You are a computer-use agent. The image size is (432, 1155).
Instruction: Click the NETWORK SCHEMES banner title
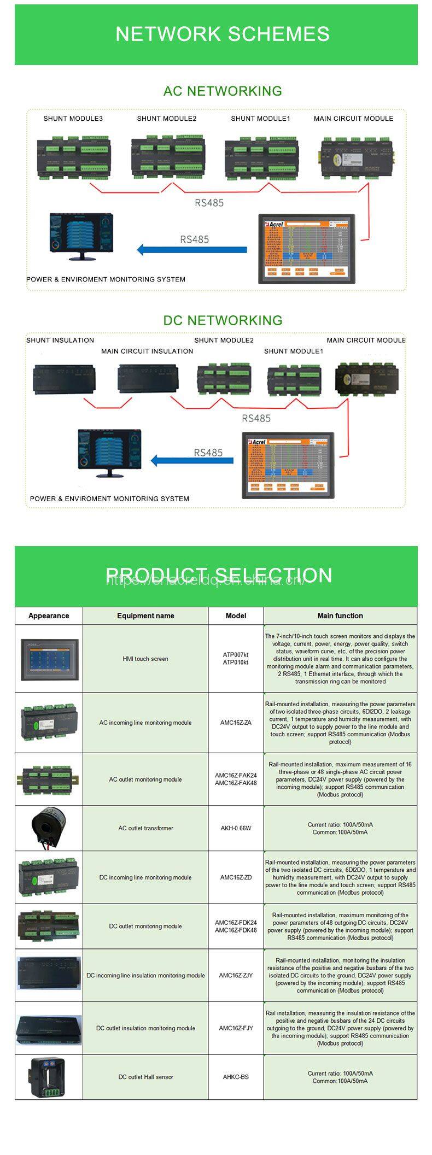pos(222,34)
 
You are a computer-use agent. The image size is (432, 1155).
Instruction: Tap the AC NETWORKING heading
pos(223,91)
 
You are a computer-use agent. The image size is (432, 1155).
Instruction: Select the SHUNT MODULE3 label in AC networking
pos(73,119)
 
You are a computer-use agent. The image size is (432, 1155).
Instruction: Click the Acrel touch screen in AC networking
pos(307,249)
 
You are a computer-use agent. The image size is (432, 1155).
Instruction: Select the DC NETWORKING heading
pos(223,320)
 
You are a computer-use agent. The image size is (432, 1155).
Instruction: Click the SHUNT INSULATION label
pos(60,340)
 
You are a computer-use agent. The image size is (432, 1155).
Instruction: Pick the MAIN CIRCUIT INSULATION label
pos(147,351)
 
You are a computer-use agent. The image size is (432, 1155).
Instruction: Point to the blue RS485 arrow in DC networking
pos(192,460)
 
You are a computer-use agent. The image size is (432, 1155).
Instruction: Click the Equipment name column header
pos(145,615)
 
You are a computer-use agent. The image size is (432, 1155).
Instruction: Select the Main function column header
pos(340,615)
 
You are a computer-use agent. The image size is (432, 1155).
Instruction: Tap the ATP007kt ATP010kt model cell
pos(235,659)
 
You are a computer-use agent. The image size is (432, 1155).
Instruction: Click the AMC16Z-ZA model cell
pos(236,723)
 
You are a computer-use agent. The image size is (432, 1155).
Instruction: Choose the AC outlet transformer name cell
pos(145,828)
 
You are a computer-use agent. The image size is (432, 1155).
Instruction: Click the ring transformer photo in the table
pos(48,828)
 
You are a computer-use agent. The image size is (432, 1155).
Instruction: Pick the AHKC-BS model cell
pos(236,1077)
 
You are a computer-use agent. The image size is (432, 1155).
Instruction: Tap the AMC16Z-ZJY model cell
pos(236,975)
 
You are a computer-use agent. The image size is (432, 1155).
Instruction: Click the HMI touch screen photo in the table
pos(49,659)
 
